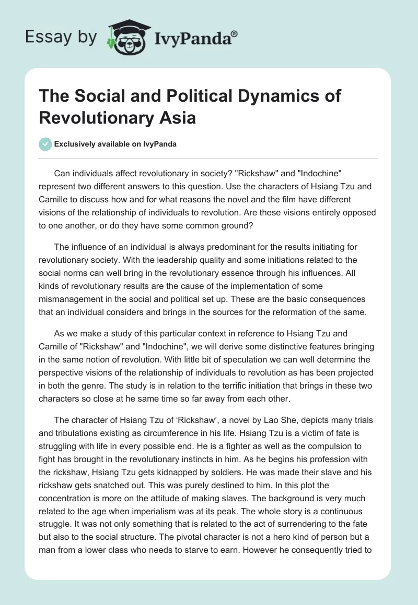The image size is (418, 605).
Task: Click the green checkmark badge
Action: (45, 144)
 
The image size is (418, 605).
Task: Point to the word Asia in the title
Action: (178, 118)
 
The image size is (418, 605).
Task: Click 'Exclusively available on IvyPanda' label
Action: (115, 144)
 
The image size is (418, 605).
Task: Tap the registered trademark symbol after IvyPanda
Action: (235, 33)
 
